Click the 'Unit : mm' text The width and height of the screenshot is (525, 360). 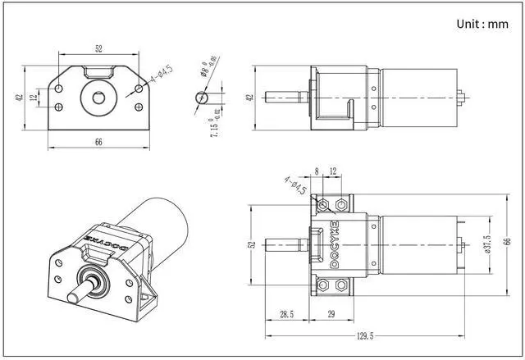482,24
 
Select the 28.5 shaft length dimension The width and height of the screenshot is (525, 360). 287,314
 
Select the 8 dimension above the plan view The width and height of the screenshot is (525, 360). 317,171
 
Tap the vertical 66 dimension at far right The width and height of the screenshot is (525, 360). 508,242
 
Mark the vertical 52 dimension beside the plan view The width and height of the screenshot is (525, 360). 253,244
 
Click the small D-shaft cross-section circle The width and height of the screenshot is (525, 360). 202,97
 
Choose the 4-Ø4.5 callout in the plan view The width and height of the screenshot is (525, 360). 295,185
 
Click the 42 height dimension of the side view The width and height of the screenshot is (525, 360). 249,97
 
